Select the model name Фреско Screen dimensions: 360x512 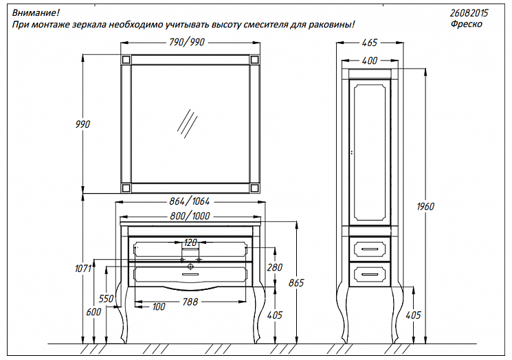click(466, 24)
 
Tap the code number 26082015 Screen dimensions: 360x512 click(470, 13)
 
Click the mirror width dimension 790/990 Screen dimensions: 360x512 click(187, 43)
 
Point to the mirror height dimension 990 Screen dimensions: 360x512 click(83, 124)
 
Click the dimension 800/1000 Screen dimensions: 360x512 click(190, 216)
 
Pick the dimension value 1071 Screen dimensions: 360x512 click(83, 270)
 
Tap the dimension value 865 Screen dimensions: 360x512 click(296, 282)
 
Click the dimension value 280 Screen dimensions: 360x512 click(275, 267)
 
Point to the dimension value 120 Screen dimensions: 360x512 click(190, 243)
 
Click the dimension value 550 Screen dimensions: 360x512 click(106, 300)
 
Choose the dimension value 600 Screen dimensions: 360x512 click(94, 312)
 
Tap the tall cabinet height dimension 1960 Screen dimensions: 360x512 click(426, 206)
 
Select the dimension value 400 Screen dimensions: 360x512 click(369, 61)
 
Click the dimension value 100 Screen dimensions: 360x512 click(158, 306)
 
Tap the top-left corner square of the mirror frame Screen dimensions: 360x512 click(126, 60)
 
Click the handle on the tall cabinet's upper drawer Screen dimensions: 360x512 click(368, 247)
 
